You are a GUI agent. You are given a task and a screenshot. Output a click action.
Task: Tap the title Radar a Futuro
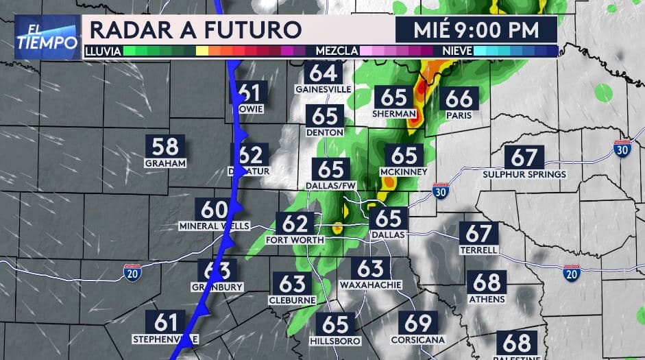click(x=195, y=30)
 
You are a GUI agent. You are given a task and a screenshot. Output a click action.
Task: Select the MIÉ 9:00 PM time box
click(x=476, y=30)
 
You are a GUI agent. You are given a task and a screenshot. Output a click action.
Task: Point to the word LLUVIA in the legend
click(x=103, y=51)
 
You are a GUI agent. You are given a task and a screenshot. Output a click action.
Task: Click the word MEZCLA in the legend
click(x=335, y=51)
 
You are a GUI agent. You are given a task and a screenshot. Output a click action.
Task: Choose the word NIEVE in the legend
click(x=456, y=51)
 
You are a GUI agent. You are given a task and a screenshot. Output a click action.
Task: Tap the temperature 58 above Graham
click(x=165, y=146)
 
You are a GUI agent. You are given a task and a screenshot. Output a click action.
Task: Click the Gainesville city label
click(x=323, y=89)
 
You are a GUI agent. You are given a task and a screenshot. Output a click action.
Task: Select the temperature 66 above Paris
click(x=459, y=99)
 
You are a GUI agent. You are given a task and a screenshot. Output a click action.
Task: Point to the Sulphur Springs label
click(x=524, y=174)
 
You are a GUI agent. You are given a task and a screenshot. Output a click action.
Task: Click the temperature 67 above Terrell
click(x=479, y=234)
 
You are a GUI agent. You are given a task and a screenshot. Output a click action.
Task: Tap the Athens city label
click(x=487, y=299)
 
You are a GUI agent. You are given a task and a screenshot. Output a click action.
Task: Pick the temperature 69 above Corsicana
click(x=417, y=323)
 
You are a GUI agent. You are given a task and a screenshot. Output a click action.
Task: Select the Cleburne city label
click(x=293, y=300)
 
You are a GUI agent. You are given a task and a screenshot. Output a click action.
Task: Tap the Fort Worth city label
click(x=295, y=240)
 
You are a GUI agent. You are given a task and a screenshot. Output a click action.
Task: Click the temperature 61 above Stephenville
click(x=166, y=322)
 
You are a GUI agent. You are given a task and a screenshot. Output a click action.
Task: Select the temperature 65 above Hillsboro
click(x=335, y=324)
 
